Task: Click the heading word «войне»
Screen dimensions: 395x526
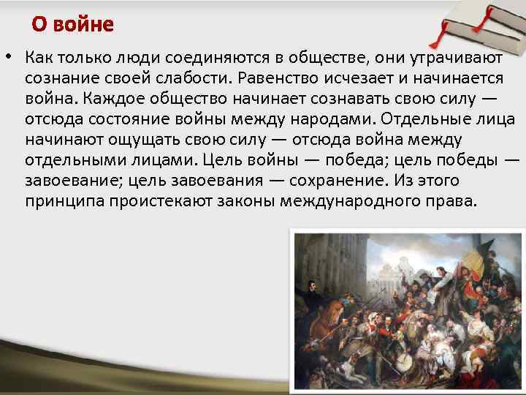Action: click(x=88, y=25)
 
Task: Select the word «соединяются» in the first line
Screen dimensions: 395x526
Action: click(x=213, y=56)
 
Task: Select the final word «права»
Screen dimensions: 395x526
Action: click(x=451, y=200)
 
